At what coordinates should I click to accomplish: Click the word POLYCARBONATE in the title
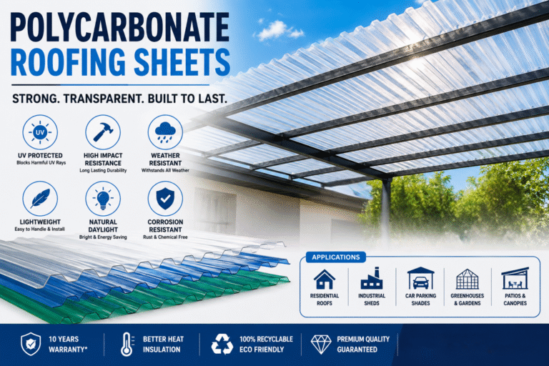[x=120, y=27]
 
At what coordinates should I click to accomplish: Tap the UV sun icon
[x=40, y=132]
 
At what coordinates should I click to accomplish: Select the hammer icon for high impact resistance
[x=103, y=132]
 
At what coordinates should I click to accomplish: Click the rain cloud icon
[x=165, y=132]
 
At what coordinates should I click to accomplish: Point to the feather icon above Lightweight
[x=40, y=199]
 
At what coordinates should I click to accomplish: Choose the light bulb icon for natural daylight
[x=103, y=199]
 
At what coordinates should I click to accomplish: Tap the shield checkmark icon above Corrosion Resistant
[x=165, y=199]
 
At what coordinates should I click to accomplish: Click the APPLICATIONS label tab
[x=336, y=257]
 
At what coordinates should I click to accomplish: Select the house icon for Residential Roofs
[x=325, y=279]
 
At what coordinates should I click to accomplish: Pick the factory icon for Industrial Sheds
[x=372, y=279]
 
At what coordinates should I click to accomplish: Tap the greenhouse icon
[x=467, y=279]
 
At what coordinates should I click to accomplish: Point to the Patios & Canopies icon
[x=515, y=279]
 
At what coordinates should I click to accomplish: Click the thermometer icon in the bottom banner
[x=127, y=345]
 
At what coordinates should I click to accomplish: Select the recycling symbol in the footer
[x=222, y=344]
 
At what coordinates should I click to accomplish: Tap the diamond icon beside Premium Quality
[x=321, y=345]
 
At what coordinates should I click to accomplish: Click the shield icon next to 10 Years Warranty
[x=31, y=344]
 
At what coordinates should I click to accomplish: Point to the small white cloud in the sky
[x=278, y=31]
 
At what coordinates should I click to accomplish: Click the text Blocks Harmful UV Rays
[x=41, y=163]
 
